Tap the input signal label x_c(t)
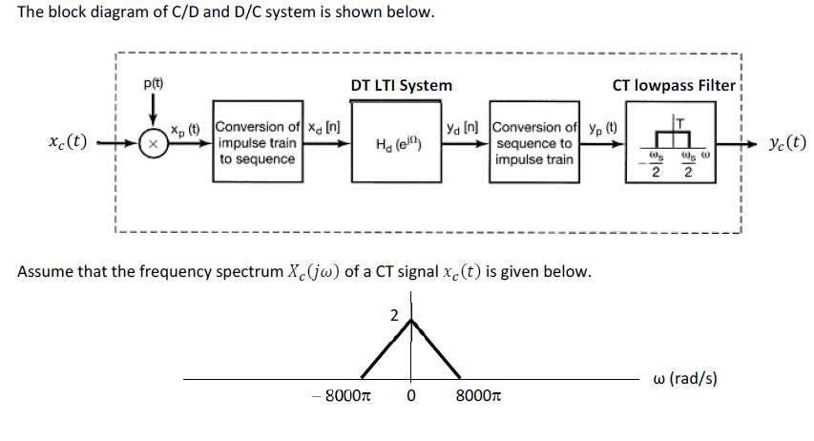(68, 143)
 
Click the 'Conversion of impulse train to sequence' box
(257, 143)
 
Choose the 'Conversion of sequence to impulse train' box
(533, 143)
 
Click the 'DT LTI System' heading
(401, 85)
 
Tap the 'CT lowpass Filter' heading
(674, 85)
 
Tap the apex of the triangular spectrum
(411, 320)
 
